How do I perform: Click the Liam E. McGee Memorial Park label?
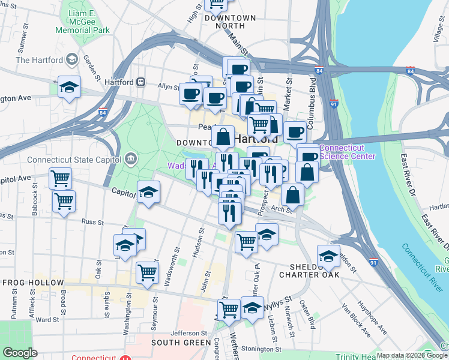(82, 21)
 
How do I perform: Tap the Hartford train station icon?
(140, 82)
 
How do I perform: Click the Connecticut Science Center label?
(348, 152)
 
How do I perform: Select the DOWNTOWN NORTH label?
(230, 19)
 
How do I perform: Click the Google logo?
(20, 353)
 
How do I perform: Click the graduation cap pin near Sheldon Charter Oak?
(328, 254)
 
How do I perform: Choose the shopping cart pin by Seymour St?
(147, 271)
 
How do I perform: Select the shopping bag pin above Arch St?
(294, 194)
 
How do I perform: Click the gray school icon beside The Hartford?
(72, 59)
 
